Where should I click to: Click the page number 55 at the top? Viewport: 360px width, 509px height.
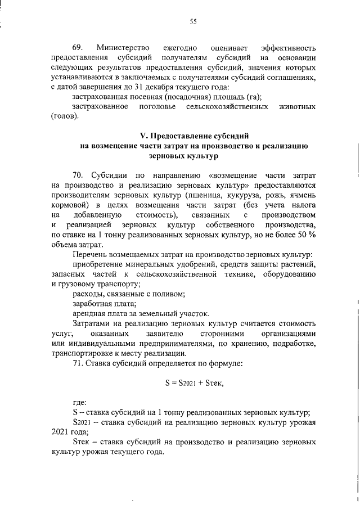(193, 22)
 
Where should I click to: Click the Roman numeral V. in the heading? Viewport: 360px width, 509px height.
(143, 136)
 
